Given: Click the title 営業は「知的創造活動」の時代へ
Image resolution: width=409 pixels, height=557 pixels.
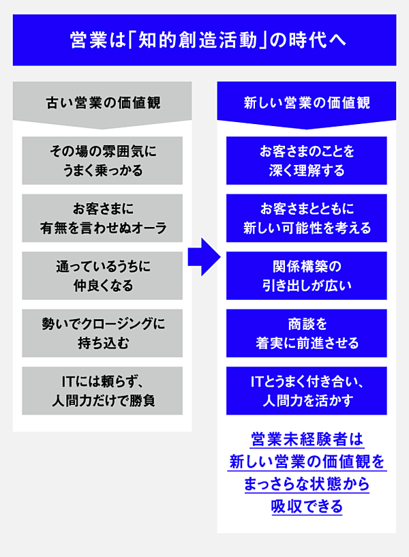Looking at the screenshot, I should [204, 40].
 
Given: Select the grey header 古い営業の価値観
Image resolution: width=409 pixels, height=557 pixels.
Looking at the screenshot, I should [102, 104].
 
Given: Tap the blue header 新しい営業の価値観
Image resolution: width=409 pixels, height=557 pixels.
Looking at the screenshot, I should [306, 104].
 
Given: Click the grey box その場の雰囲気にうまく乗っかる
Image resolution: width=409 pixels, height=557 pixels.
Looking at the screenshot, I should [102, 160].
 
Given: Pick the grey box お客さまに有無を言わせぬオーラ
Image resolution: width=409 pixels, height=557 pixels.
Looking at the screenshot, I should [102, 218].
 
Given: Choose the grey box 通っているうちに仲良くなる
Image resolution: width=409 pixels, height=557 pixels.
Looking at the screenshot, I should [102, 275].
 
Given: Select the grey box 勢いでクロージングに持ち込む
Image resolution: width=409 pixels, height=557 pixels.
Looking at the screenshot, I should [102, 333].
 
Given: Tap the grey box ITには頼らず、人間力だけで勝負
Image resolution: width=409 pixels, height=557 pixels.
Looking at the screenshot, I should [102, 391].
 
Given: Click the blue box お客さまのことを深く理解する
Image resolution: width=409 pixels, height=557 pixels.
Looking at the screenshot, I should [306, 160].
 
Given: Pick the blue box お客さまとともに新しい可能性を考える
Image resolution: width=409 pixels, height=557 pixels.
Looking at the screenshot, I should [306, 218].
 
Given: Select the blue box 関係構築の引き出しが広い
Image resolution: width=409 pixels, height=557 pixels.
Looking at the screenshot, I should [306, 275].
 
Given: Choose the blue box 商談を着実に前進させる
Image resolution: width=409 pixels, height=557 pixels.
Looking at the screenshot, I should [306, 333].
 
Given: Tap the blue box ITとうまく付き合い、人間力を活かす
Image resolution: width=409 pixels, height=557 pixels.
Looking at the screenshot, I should [306, 391].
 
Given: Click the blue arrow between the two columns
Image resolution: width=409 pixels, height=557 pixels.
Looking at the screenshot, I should [204, 257].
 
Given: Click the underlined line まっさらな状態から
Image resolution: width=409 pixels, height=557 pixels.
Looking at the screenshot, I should [306, 484].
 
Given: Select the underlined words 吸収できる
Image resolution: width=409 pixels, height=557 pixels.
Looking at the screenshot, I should [306, 507].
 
